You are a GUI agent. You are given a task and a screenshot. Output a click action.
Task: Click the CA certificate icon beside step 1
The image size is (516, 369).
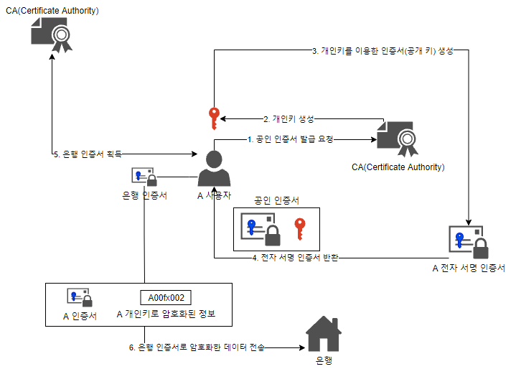coord(397,136)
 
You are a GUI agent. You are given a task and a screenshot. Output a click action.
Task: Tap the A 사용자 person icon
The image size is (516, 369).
coord(215,169)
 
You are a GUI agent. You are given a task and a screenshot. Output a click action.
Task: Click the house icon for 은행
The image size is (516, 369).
coord(324,334)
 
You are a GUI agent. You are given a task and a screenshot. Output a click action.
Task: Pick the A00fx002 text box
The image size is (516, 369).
coord(166,297)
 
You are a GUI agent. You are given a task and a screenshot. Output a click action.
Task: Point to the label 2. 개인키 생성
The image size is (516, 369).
coord(289,118)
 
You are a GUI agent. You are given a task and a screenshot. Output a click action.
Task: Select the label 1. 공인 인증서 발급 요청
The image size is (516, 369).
coord(291,139)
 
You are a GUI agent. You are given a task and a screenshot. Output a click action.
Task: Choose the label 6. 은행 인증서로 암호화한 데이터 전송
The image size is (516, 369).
coord(197,348)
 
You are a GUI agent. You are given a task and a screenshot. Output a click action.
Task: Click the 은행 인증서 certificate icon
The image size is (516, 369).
coord(144,177)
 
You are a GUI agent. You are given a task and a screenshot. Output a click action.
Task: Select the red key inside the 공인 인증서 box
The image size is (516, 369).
coord(301,230)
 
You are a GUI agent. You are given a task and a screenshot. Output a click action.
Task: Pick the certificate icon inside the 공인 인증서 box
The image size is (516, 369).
coord(261,229)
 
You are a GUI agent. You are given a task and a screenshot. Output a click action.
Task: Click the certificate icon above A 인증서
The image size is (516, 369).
coord(79,297)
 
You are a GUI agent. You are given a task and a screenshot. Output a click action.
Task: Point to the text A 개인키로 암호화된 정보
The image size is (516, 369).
coord(166,314)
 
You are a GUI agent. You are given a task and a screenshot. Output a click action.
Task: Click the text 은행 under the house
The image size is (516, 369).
coord(324,360)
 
